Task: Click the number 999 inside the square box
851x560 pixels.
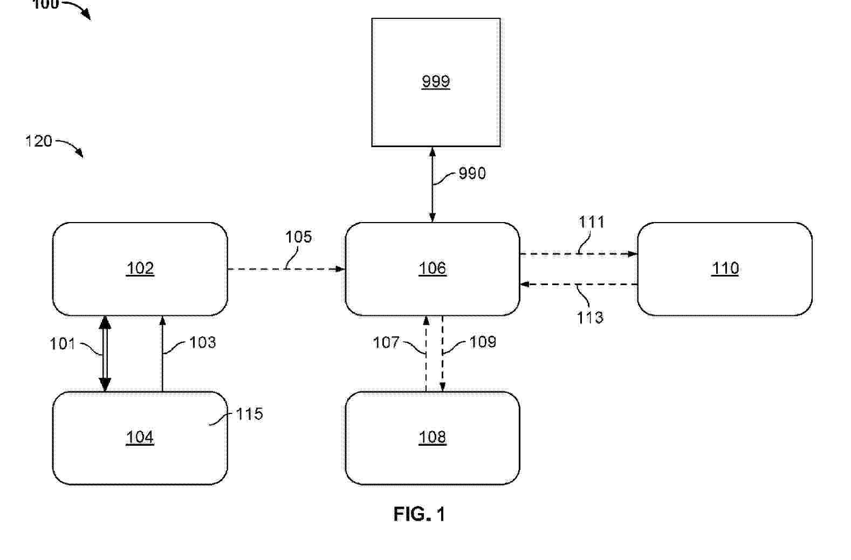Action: coord(436,81)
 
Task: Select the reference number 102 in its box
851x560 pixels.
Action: coord(140,268)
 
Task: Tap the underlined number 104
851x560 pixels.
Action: coord(140,437)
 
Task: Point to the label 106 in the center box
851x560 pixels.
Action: coord(433,268)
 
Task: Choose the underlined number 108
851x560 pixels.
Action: coord(433,437)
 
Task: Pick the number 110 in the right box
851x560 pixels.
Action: coord(725,268)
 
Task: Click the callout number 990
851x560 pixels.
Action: coord(472,173)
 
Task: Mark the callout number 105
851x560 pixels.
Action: coord(298,237)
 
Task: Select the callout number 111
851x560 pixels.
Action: coord(592,222)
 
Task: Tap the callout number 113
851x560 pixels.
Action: coord(590,317)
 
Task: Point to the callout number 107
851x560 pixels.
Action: coord(386,342)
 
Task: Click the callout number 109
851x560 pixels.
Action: coord(483,342)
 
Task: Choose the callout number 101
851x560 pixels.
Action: coord(63,344)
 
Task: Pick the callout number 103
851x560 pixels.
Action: coord(202,342)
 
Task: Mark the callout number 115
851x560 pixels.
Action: coord(249,414)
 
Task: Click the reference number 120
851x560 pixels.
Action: coord(39,141)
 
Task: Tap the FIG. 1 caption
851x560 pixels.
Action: coord(419,514)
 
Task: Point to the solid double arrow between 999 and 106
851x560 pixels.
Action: coord(433,199)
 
